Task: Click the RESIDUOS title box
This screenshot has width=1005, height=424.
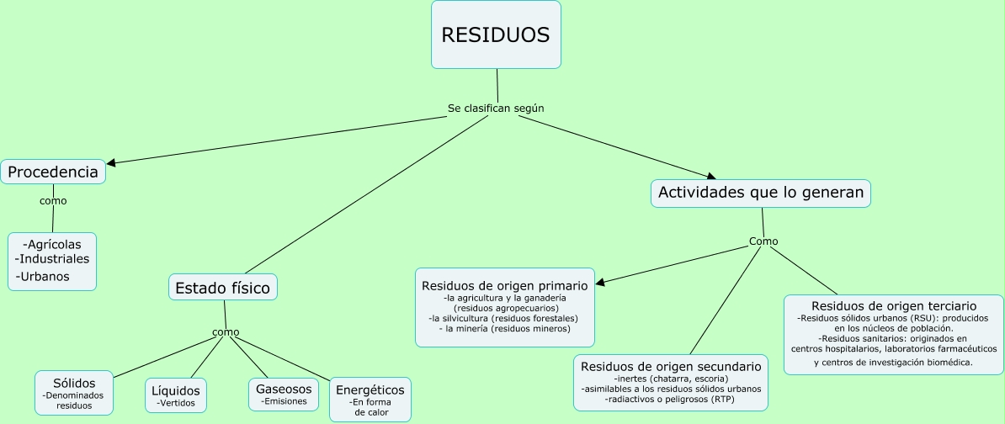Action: (496, 34)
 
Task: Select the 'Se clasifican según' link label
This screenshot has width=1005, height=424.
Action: (496, 109)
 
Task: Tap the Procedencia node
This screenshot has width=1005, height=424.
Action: (53, 172)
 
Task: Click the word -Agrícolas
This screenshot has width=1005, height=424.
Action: (52, 244)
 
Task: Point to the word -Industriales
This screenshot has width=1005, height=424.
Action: (52, 259)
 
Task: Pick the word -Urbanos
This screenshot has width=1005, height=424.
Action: (42, 277)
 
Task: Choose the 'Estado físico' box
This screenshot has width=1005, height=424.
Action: (223, 288)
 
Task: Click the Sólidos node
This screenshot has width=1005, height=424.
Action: (74, 393)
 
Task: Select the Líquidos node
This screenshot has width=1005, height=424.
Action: (176, 396)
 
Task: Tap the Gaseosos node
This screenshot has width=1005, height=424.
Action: (284, 394)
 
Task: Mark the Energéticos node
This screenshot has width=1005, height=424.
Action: (370, 400)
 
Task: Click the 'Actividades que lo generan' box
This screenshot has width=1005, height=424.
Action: (761, 193)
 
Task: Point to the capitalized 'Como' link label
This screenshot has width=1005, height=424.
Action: (763, 241)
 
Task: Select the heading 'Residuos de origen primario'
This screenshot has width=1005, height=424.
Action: (505, 286)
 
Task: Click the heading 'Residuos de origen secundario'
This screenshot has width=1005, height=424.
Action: (671, 367)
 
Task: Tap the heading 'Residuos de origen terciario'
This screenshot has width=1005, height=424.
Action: (894, 306)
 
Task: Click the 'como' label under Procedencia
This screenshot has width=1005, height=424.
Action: (53, 201)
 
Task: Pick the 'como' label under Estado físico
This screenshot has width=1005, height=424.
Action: (226, 332)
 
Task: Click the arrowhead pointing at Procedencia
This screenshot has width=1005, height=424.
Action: (111, 163)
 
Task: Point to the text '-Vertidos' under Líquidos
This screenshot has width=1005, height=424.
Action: (176, 404)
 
